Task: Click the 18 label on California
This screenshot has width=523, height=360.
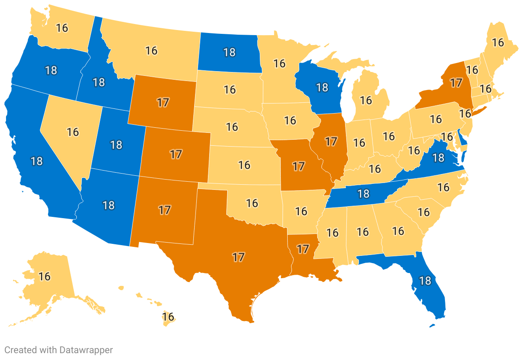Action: [x=37, y=161]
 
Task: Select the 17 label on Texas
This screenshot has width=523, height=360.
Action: [x=239, y=257]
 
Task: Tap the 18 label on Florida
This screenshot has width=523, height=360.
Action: [x=425, y=281]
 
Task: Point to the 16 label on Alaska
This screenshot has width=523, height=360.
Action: [x=45, y=276]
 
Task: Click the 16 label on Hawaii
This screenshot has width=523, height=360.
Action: [x=168, y=317]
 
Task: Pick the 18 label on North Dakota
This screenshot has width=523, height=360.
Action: [x=229, y=52]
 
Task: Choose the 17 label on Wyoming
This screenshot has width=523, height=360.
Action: [x=163, y=102]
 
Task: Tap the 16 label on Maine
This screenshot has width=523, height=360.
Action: [x=498, y=42]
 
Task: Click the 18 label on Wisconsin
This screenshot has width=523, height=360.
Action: [x=322, y=87]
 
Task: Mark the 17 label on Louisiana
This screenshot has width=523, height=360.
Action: [x=303, y=249]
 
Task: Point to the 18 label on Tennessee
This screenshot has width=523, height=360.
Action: [x=363, y=194]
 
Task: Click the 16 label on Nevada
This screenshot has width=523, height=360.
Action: [x=73, y=132]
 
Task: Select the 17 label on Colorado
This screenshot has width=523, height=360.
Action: [x=176, y=154]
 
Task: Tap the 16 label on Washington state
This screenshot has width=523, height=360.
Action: [x=62, y=28]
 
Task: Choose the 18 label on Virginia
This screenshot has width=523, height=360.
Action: [x=438, y=158]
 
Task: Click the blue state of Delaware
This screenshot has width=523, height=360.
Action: [x=462, y=138]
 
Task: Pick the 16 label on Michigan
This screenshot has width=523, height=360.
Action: [x=366, y=100]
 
